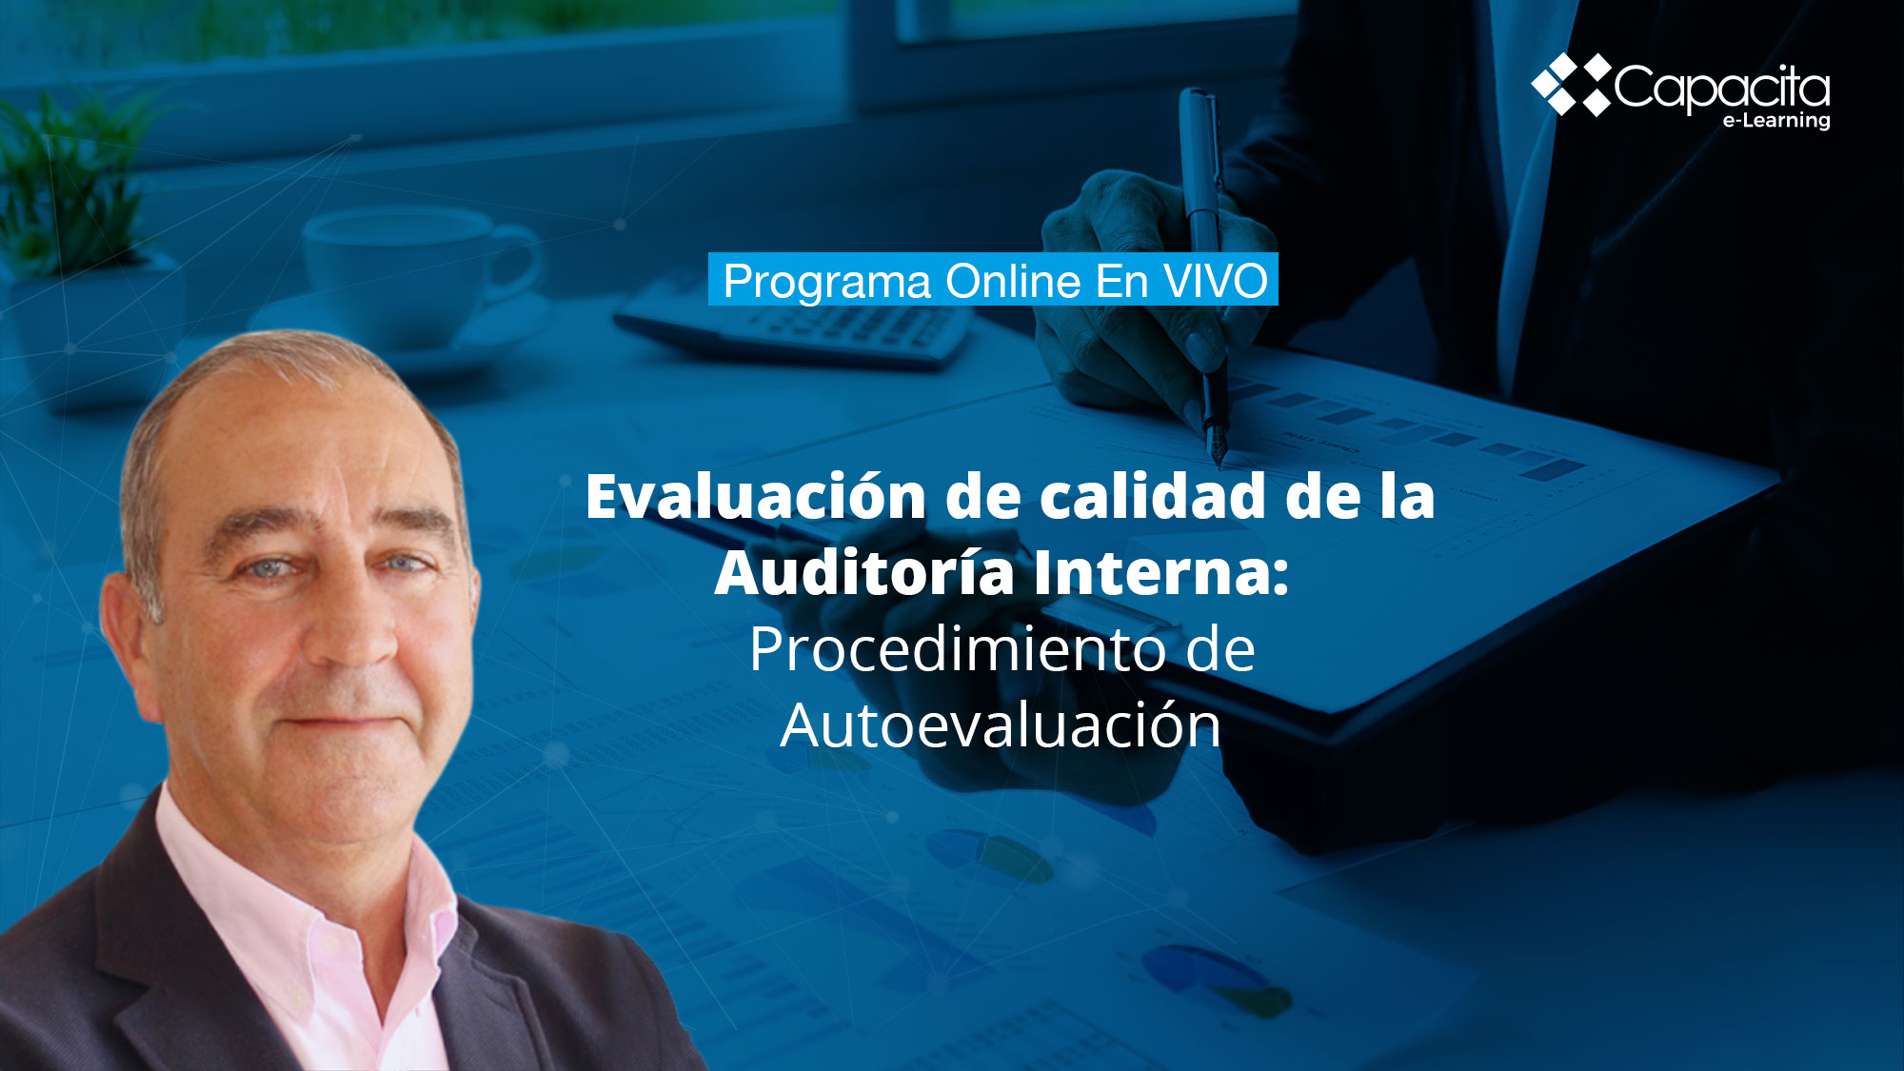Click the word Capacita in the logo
coord(1722,89)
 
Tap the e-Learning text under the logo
coord(1776,121)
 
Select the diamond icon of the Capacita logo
coord(1571,85)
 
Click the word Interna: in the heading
coord(1161,574)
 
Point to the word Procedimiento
coord(956,649)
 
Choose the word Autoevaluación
coord(1001,725)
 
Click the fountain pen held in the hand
coord(1204,276)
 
